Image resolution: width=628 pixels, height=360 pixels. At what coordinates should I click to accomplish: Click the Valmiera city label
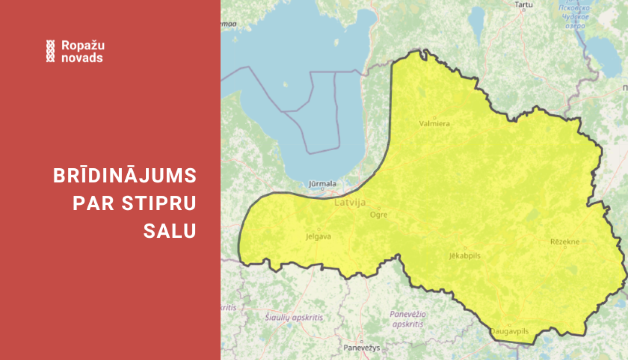click(434, 123)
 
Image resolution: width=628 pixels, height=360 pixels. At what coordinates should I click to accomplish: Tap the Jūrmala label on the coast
click(322, 183)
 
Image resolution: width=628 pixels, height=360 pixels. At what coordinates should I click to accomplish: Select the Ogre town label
click(378, 215)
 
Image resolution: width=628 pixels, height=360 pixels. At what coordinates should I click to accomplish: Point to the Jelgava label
click(318, 237)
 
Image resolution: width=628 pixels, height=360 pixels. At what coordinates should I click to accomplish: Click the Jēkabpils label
click(465, 255)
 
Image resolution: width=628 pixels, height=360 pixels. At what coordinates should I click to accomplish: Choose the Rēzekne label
click(565, 242)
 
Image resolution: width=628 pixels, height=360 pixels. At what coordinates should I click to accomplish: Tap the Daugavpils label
click(510, 331)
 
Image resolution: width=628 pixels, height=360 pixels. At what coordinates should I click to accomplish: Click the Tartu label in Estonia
click(523, 5)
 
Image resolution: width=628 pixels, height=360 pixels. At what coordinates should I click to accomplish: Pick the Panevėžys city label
click(362, 348)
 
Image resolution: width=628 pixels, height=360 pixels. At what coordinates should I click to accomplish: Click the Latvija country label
click(350, 203)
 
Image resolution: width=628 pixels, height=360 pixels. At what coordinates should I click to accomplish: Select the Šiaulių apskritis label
click(294, 317)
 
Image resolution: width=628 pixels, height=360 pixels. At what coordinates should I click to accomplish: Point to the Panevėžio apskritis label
click(407, 319)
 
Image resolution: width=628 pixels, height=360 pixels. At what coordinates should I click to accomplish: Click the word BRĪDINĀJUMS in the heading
click(125, 176)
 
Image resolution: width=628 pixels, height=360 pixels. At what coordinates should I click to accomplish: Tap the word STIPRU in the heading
click(159, 203)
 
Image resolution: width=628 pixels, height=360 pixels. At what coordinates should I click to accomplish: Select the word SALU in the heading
click(170, 231)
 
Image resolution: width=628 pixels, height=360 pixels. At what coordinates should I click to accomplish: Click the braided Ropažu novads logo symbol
click(50, 51)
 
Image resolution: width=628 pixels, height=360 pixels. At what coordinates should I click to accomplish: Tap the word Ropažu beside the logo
click(83, 45)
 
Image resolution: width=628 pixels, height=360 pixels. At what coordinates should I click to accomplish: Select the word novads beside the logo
click(82, 58)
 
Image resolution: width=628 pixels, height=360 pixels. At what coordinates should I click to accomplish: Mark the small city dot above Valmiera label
click(434, 118)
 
